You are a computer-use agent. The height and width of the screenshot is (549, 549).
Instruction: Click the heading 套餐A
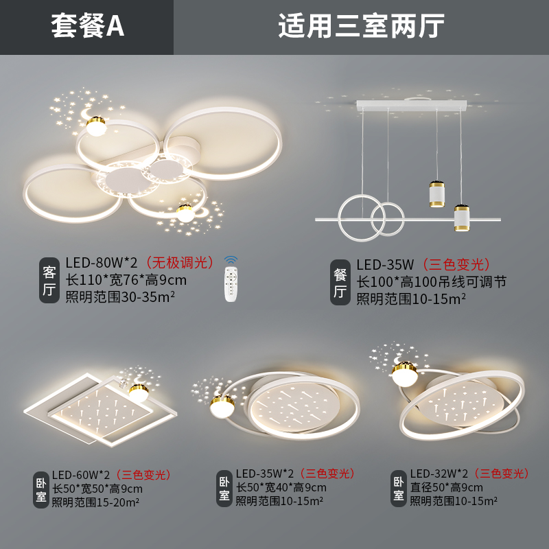pyautogui.click(x=87, y=27)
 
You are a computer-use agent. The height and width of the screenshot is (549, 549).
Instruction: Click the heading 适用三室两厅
pyautogui.click(x=361, y=27)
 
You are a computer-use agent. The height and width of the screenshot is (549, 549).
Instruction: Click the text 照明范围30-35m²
pyautogui.click(x=120, y=297)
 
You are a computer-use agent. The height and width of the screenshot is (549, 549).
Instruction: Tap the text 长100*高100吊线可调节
pyautogui.click(x=431, y=281)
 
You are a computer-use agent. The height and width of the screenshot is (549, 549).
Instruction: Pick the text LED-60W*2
pyautogui.click(x=82, y=474)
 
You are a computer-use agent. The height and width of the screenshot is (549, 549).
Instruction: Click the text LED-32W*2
pyautogui.click(x=439, y=474)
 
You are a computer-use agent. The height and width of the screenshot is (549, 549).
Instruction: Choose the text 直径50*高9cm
pyautogui.click(x=447, y=488)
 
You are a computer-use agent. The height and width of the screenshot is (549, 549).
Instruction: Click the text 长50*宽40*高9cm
pyautogui.click(x=281, y=488)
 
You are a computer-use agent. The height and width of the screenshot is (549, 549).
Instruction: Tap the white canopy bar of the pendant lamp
pyautogui.click(x=411, y=106)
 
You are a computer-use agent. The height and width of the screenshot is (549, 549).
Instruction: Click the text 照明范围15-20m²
pyautogui.click(x=96, y=502)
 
